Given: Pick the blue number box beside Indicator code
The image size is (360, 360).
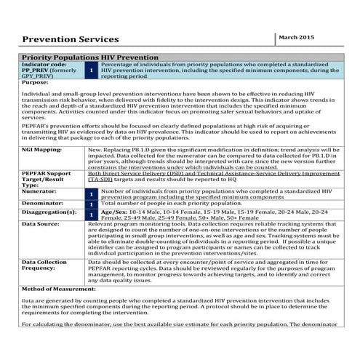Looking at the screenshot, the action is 90,70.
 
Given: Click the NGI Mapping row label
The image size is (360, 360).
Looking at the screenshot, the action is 42,148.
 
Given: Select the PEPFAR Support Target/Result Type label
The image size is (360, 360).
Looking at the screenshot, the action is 47,180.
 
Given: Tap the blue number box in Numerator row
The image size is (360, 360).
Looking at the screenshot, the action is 91,195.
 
